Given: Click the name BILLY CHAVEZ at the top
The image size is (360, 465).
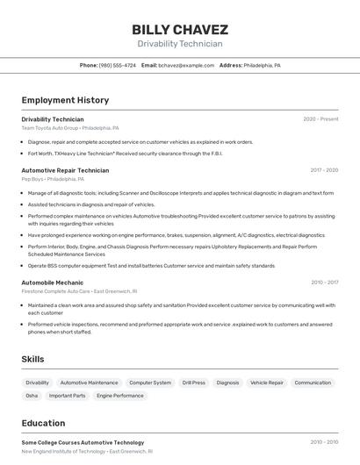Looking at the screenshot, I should pyautogui.click(x=180, y=29).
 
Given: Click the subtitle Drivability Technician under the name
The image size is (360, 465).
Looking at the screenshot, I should pyautogui.click(x=180, y=44).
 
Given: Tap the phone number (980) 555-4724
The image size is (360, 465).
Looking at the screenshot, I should pyautogui.click(x=118, y=66).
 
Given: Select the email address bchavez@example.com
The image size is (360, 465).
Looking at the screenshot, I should pyautogui.click(x=186, y=66).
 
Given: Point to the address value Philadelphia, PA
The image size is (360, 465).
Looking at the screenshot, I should pyautogui.click(x=262, y=66).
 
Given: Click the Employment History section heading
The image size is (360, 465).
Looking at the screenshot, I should pyautogui.click(x=65, y=100).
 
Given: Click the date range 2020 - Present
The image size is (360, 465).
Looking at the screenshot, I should pyautogui.click(x=320, y=119).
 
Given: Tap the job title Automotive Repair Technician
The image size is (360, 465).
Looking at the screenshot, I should pyautogui.click(x=65, y=170).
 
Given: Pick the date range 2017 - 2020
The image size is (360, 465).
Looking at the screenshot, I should pyautogui.click(x=324, y=170).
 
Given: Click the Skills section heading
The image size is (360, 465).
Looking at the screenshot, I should pyautogui.click(x=32, y=359).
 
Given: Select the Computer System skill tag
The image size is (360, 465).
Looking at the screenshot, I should pyautogui.click(x=150, y=383).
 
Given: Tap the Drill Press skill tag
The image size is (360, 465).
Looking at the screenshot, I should pyautogui.click(x=193, y=383).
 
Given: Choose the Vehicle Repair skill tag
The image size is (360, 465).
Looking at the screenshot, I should pyautogui.click(x=267, y=383).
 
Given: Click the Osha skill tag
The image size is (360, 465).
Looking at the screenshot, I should pyautogui.click(x=32, y=396).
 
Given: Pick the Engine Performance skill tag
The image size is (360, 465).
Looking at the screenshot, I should pyautogui.click(x=120, y=396).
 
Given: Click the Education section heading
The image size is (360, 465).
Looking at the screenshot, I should pyautogui.click(x=43, y=423).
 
